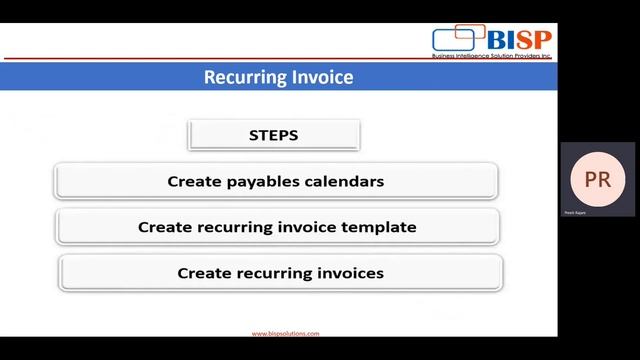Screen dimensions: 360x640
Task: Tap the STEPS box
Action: [x=274, y=135]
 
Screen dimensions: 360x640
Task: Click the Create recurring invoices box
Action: [x=280, y=272]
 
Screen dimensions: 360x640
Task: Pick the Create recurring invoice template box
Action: [x=277, y=227]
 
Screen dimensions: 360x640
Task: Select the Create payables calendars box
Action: [x=276, y=182]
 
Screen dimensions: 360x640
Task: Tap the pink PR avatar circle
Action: [x=597, y=180]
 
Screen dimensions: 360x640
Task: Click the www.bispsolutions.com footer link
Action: [x=285, y=335]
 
